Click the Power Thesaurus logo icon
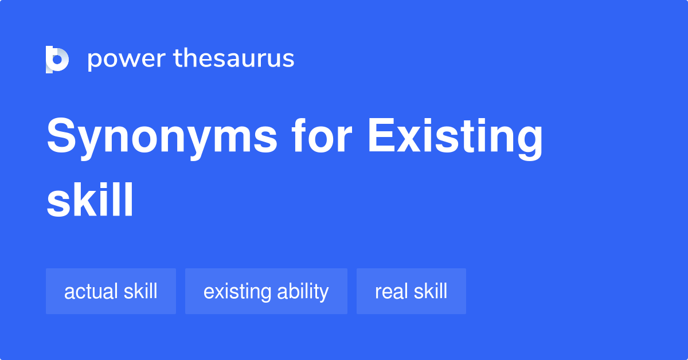pyautogui.click(x=57, y=60)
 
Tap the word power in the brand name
pyautogui.click(x=125, y=60)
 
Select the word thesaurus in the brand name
pyautogui.click(x=234, y=58)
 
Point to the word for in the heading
pyautogui.click(x=323, y=138)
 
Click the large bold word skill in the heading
pyautogui.click(x=90, y=200)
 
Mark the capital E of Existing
pyautogui.click(x=380, y=138)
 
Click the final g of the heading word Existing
pyautogui.click(x=527, y=143)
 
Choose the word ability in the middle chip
pyautogui.click(x=303, y=292)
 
